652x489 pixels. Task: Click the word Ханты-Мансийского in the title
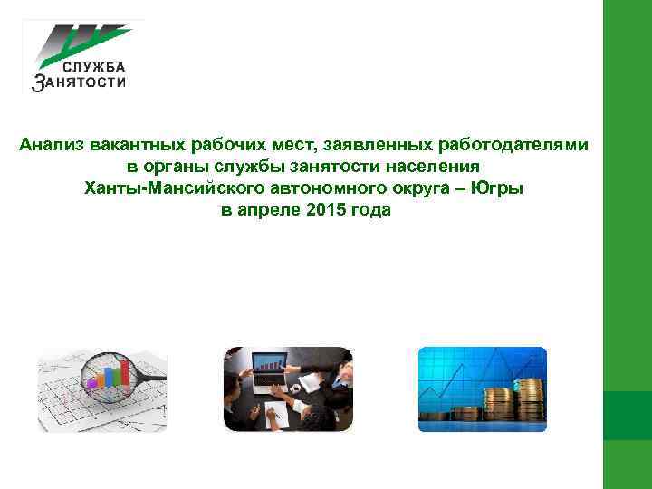click(171, 188)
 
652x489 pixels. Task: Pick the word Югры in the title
click(498, 188)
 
